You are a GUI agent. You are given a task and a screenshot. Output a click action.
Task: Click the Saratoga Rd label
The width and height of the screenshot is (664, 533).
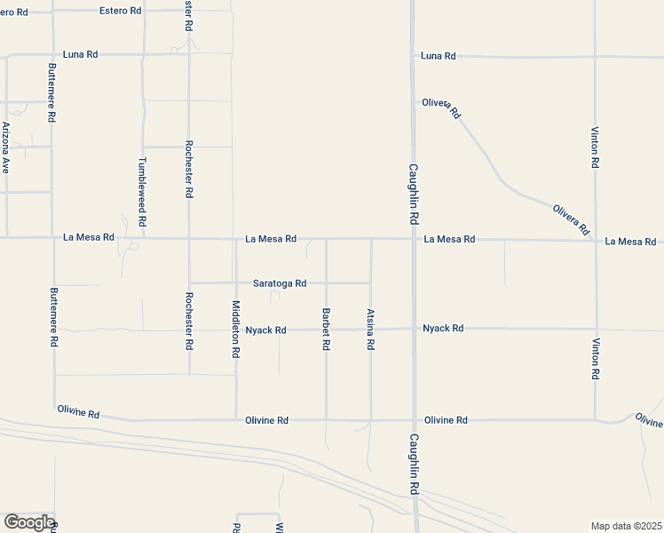[x=280, y=283]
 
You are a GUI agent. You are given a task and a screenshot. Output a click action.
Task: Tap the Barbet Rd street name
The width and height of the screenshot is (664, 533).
[x=327, y=328]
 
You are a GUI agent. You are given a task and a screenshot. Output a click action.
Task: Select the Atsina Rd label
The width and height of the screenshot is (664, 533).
[x=370, y=329]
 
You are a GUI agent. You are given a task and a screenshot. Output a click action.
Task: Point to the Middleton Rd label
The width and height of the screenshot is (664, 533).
[x=235, y=329]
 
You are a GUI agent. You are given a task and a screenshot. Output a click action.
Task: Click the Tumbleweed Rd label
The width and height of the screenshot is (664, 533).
[x=142, y=191]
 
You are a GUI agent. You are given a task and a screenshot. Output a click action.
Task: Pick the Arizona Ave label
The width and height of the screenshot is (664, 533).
[x=6, y=147]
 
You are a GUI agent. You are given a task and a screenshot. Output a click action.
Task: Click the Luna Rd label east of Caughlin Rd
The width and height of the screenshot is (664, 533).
[x=439, y=56]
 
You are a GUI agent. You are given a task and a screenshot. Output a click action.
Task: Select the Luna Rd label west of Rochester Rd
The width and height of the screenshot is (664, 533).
[x=81, y=54]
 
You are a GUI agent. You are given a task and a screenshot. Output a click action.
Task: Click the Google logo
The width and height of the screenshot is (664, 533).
[x=28, y=522]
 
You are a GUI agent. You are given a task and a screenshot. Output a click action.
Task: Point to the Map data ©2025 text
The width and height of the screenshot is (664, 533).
[x=626, y=526]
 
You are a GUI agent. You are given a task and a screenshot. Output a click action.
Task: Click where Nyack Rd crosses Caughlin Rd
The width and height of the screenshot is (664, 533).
[x=415, y=329]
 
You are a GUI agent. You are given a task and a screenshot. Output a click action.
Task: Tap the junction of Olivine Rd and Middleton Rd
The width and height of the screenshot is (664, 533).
[x=236, y=419]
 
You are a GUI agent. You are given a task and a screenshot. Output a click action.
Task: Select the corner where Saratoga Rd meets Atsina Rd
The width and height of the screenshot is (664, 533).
[x=370, y=283]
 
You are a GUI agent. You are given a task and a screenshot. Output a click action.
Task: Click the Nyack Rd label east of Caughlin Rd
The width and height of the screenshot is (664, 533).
[x=443, y=329]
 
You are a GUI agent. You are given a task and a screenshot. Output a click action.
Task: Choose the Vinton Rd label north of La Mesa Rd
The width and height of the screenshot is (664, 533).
[x=595, y=147]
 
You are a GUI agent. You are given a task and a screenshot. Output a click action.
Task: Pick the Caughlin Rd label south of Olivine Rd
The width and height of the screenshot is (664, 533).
[x=414, y=464]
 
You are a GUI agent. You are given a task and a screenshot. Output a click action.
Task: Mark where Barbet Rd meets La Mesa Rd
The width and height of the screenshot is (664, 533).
[x=327, y=239]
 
